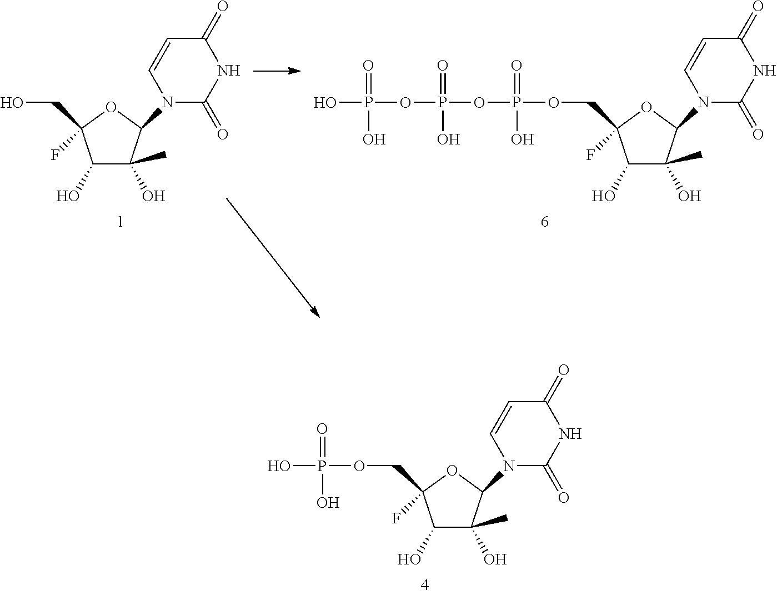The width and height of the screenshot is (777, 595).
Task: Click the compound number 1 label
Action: coord(121,222)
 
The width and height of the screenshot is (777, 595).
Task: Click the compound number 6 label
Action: coord(544,222)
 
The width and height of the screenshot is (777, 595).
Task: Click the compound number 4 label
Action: coord(425,584)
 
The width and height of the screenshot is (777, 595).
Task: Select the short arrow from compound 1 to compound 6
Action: coord(276,71)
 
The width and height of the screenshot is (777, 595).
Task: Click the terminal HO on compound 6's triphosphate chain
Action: coord(326,103)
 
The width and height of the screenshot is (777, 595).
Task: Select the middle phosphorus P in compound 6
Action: coord(442,103)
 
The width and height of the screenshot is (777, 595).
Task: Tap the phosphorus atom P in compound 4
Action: coord(321,466)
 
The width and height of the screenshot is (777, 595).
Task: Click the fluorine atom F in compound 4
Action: coord(397,518)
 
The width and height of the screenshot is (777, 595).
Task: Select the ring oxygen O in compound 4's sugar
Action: coord(452,471)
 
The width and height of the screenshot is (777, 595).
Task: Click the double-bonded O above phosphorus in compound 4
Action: coord(321,429)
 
